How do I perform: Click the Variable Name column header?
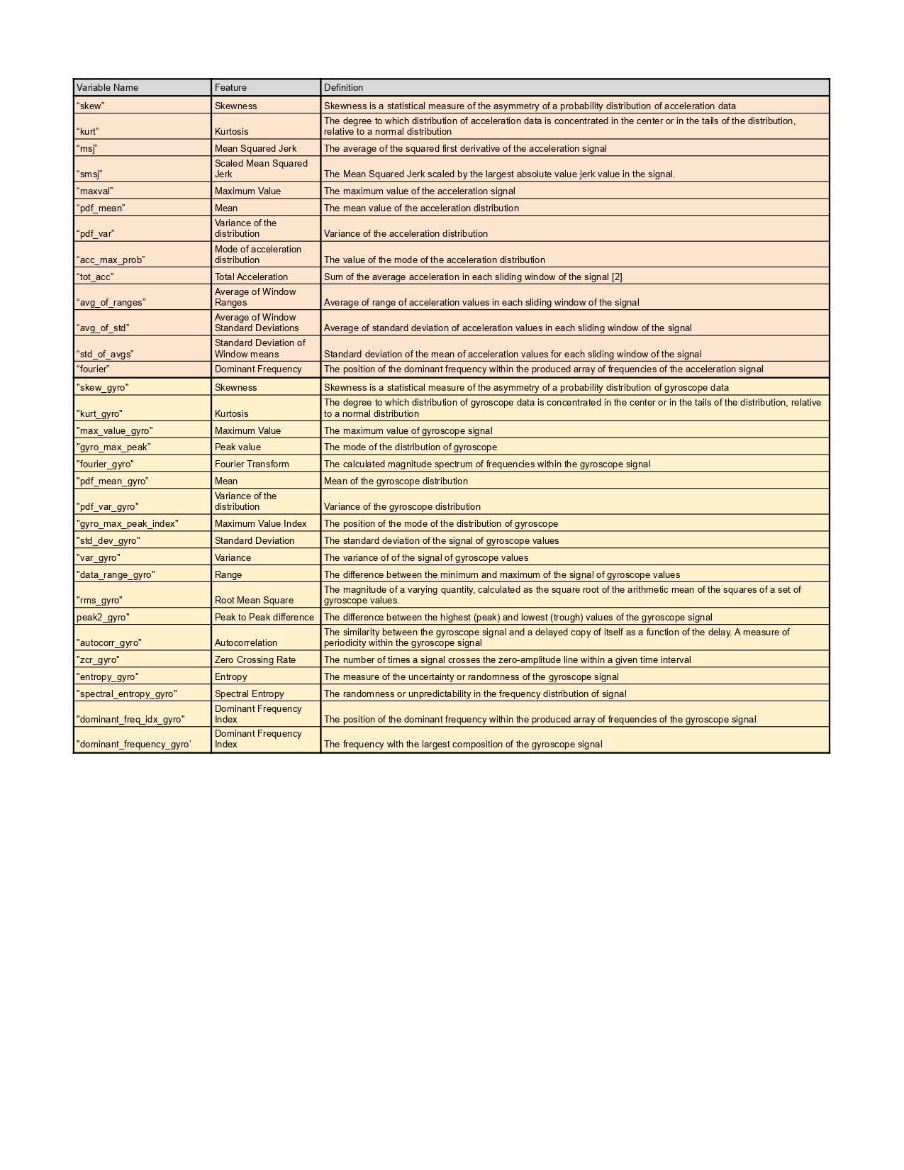pos(108,88)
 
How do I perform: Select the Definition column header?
pos(344,88)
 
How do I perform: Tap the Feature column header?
pos(231,88)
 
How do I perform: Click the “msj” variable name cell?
pos(87,149)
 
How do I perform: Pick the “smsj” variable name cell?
pos(89,174)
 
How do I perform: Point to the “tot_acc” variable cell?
pos(95,277)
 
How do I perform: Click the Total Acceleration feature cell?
pos(252,277)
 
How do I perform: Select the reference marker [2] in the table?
pos(617,277)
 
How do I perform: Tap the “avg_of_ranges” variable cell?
pos(111,303)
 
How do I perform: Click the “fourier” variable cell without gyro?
pos(93,369)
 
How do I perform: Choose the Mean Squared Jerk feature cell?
pos(256,149)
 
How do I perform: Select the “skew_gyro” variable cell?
pos(103,388)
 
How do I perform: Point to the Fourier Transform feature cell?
pos(252,464)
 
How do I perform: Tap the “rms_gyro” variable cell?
pos(99,601)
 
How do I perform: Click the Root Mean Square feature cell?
pos(255,601)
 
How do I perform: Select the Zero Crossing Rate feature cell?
pos(255,660)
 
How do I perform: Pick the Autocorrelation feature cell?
pos(246,643)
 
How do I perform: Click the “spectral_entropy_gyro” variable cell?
pos(127,694)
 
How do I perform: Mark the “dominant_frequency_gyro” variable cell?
pos(134,745)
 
